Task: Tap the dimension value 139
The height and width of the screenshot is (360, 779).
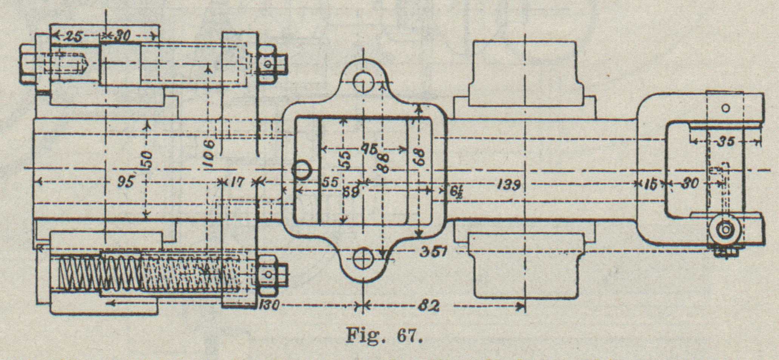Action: [509, 185]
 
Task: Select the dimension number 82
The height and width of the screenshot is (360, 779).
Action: [429, 306]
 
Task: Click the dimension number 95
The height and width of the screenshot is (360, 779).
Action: [126, 182]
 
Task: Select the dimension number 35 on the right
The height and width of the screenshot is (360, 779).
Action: [726, 142]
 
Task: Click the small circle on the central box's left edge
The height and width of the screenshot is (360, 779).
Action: [302, 171]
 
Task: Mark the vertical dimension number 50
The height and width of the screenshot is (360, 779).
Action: [147, 160]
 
